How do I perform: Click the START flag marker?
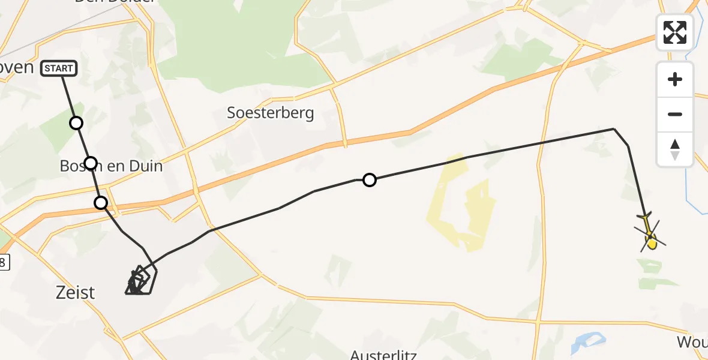pos(59,68)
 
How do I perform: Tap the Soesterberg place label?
pos(270,113)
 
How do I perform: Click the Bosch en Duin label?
pos(112,166)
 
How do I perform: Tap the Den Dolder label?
pos(115,2)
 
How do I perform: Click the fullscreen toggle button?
pos(675,32)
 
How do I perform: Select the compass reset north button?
pos(675,149)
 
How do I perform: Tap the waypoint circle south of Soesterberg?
pos(370,180)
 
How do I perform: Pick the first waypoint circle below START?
pos(76,123)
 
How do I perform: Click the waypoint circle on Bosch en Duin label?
pos(91,163)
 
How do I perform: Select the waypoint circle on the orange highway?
pos(101,203)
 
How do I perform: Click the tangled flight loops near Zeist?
pos(139,281)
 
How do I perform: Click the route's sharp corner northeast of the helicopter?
pos(614,129)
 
